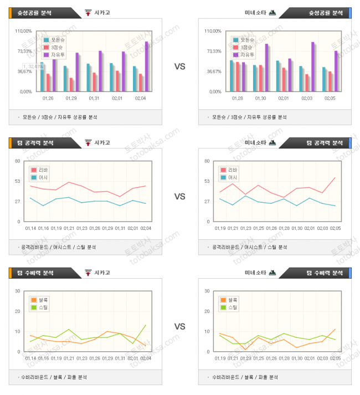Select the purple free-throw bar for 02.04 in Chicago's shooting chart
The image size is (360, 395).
click(x=146, y=66)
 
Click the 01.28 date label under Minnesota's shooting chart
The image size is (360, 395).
click(x=236, y=98)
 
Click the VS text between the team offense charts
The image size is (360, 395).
click(x=179, y=197)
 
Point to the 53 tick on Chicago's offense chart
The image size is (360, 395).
click(x=18, y=181)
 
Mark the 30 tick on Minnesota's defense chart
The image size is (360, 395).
click(x=208, y=291)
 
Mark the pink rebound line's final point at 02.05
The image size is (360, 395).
click(x=335, y=178)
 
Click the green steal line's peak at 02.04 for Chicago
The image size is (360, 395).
click(x=146, y=325)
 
